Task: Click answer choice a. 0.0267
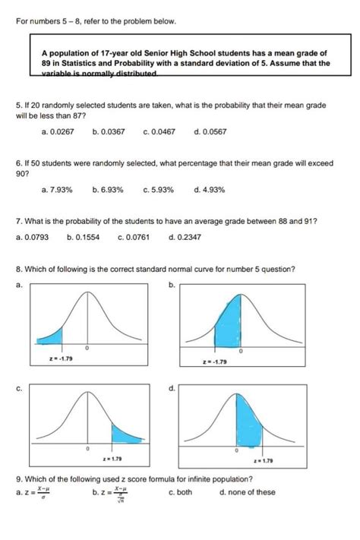[x=58, y=131]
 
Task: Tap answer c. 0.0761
[x=134, y=237]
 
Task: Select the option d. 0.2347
[x=184, y=237]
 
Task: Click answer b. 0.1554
[x=83, y=237]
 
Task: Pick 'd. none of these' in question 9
[x=247, y=492]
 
